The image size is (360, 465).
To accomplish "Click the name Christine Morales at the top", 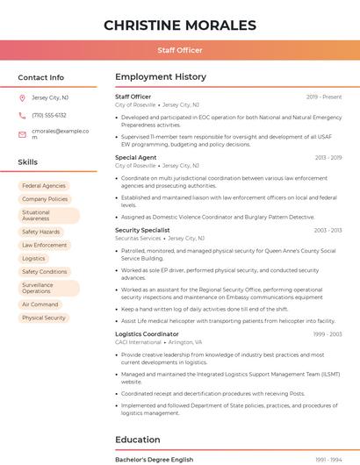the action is tap(180, 25).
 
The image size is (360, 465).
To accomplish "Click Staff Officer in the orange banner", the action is tap(180, 50).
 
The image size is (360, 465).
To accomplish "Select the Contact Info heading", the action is tap(41, 77).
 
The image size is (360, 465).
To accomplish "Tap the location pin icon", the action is tap(23, 98).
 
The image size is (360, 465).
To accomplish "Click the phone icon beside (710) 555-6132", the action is tap(23, 116).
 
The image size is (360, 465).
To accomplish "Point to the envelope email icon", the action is tap(23, 133).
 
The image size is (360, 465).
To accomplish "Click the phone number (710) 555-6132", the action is tap(49, 116).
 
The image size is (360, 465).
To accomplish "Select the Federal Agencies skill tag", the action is tap(44, 186).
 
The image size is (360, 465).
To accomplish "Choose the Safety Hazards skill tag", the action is tap(41, 232).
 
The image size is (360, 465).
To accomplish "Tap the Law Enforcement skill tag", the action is tap(45, 246).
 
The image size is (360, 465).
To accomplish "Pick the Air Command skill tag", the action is tap(40, 304).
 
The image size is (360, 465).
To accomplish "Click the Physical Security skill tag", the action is tap(44, 318).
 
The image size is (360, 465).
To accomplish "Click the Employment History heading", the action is tap(161, 77).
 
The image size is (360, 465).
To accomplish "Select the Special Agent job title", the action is tap(136, 158).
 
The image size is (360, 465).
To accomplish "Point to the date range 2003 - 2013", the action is tap(328, 231).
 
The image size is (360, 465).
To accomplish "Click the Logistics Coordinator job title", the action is tap(147, 334).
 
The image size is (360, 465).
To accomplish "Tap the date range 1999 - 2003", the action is tap(328, 334).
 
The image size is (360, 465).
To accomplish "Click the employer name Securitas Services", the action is tap(138, 239).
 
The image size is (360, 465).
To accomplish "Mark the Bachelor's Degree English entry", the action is tap(155, 460).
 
